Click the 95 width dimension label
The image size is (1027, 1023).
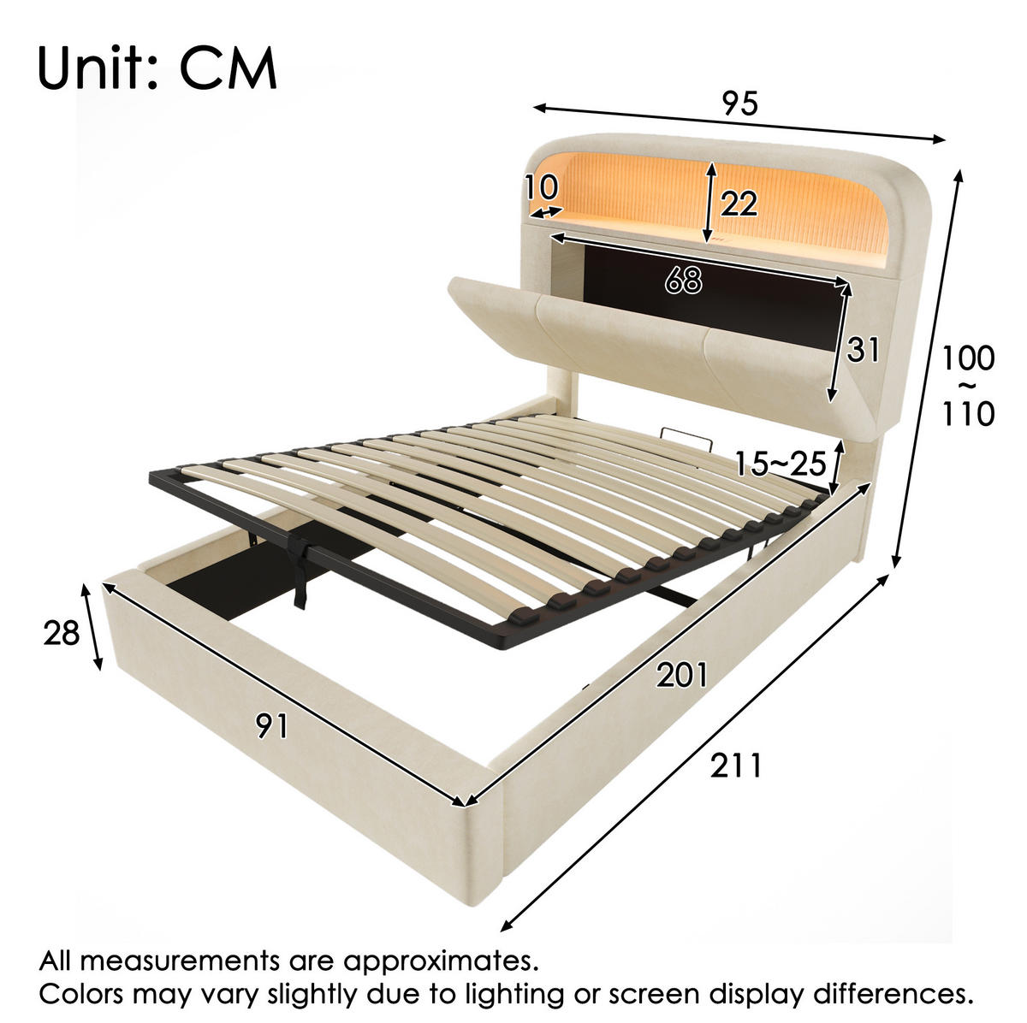739,103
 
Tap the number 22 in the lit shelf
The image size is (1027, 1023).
739,203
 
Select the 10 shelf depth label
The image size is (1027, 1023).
542,186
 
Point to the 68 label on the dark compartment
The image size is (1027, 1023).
683,279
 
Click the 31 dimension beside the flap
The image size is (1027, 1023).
863,350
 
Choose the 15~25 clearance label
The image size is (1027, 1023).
781,463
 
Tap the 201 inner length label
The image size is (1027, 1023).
681,675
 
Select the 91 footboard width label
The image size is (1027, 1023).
272,725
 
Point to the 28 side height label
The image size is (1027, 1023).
62,634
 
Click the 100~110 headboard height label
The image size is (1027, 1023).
968,386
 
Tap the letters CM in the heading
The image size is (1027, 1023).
229,69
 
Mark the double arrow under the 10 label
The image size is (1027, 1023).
547,212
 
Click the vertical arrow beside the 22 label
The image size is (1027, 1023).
709,202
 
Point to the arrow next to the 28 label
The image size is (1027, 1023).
91,627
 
